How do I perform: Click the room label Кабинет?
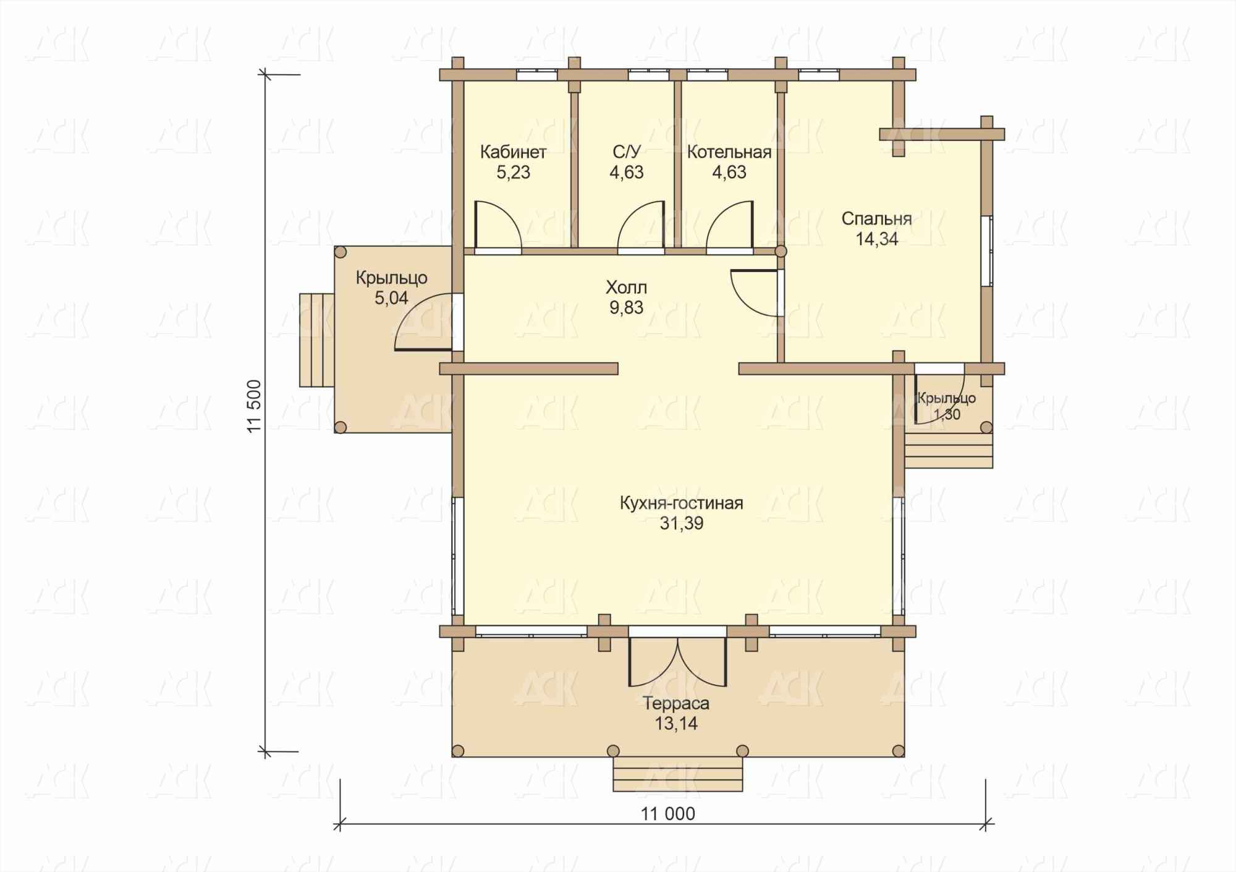pos(513,152)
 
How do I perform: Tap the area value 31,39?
pos(682,524)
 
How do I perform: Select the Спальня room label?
pos(876,219)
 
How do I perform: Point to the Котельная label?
pos(729,152)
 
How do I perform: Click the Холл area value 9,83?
pos(627,307)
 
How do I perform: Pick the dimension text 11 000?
pos(667,814)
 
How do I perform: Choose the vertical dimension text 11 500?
pos(255,406)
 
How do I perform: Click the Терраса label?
pos(676,704)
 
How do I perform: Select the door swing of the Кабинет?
pos(498,225)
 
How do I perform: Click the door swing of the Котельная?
pos(730,225)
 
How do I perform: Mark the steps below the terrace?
pos(677,774)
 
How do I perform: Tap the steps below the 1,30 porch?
pos(949,450)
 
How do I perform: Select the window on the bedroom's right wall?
pos(987,251)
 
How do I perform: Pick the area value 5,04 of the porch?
pos(391,298)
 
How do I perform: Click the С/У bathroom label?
pos(627,152)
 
